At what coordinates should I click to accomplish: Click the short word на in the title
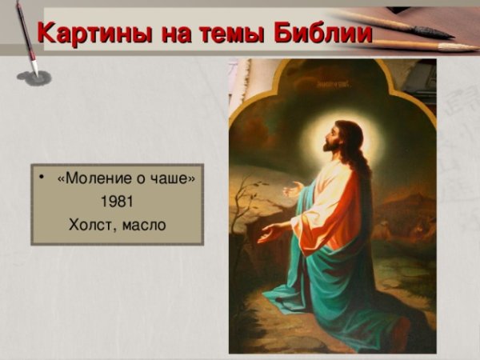pos(169,34)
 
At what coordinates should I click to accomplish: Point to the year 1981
pos(117,201)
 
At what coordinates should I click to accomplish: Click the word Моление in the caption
pos(92,178)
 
